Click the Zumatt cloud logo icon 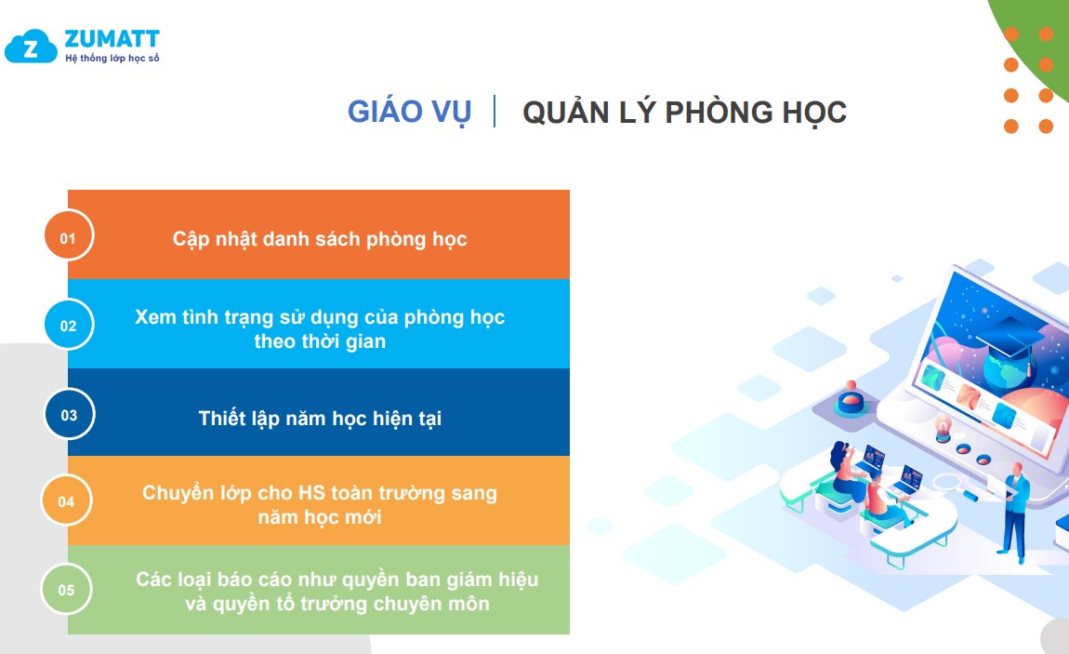[x=31, y=47]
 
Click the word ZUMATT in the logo [x=112, y=39]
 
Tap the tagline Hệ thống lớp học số [x=112, y=59]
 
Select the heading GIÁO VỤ [x=409, y=112]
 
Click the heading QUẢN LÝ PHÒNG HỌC [x=684, y=112]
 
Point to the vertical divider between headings [x=495, y=111]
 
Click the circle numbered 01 [x=68, y=235]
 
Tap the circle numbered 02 [x=68, y=324]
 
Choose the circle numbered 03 [x=69, y=413]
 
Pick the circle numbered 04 [x=66, y=501]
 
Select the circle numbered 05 [x=66, y=589]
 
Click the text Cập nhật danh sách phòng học [x=320, y=239]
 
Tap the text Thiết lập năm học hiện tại [x=320, y=418]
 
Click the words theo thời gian [x=320, y=341]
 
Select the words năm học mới [x=320, y=517]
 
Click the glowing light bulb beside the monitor [x=943, y=428]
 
